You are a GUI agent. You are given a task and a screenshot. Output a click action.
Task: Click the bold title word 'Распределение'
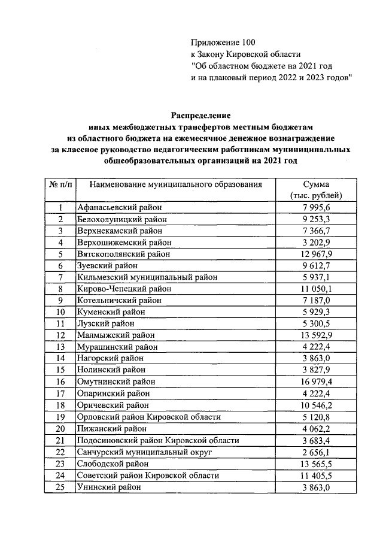(x=201, y=115)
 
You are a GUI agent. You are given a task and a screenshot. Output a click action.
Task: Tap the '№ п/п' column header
(x=60, y=184)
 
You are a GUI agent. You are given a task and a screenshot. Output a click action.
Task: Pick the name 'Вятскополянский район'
(x=124, y=254)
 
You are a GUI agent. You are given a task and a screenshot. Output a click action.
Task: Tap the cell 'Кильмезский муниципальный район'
(x=147, y=277)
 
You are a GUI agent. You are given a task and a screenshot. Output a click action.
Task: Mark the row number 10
(x=60, y=312)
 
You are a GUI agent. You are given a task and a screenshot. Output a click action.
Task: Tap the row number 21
(x=60, y=440)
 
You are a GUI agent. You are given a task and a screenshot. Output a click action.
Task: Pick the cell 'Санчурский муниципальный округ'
(x=144, y=452)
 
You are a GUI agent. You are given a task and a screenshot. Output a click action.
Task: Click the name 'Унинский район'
(x=110, y=487)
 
